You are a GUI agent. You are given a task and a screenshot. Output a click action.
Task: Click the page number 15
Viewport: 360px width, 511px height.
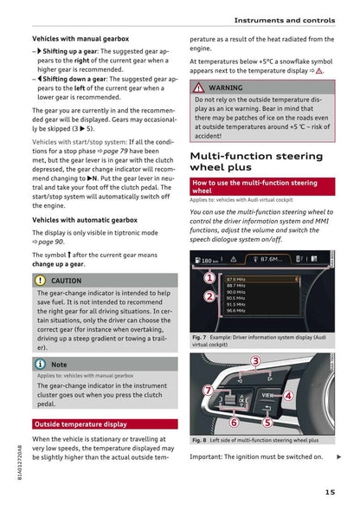coord(331,493)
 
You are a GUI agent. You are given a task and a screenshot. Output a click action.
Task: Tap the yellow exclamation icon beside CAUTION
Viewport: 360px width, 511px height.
coord(41,281)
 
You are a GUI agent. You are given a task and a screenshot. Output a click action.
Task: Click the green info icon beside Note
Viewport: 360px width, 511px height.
coord(41,365)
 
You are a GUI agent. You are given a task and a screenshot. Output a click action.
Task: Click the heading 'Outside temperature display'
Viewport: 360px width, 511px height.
coord(80,424)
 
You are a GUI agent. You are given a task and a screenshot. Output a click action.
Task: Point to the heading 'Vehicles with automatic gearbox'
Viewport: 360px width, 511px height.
coord(80,220)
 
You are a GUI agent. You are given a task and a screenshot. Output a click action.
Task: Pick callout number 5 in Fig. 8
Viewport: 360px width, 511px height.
coord(267,422)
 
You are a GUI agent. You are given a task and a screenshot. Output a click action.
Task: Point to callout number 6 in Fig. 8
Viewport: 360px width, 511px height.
coord(234,423)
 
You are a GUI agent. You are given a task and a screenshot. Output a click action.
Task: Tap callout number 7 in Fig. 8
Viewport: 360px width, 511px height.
coord(208,391)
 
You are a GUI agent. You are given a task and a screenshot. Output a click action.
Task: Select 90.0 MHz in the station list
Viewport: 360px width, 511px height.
coord(235,292)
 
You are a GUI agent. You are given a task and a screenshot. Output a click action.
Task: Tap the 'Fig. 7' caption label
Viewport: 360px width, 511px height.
coord(199,337)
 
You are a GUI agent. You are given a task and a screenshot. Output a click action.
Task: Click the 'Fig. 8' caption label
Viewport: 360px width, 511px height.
coord(199,440)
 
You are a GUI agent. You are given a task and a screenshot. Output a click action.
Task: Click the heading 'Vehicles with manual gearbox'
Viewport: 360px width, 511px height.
coord(80,39)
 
